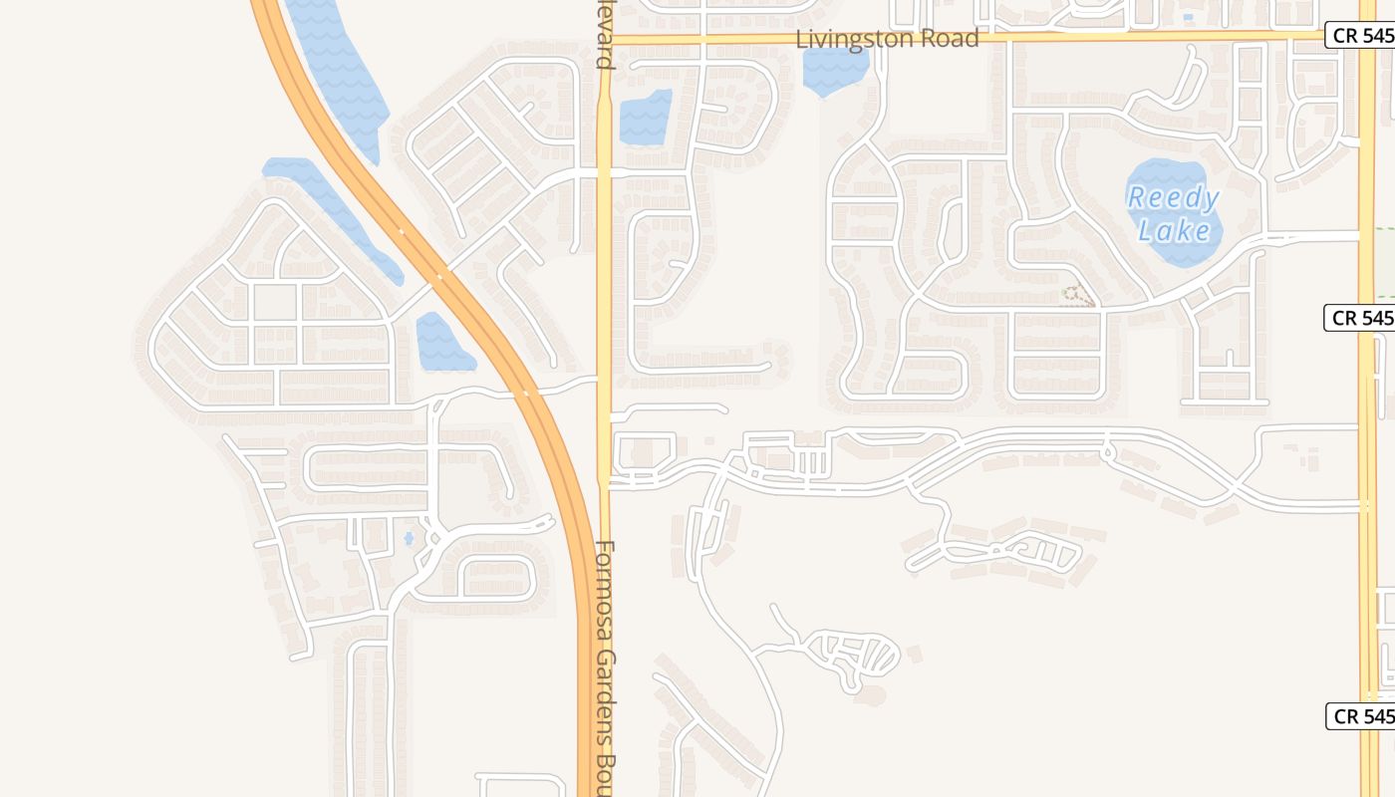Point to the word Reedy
click(1173, 198)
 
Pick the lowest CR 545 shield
click(1359, 715)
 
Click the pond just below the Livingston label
click(835, 71)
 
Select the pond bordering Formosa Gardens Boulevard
click(646, 118)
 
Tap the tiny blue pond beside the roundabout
click(409, 539)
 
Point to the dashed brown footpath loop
click(1076, 295)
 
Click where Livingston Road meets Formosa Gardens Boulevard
click(604, 39)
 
